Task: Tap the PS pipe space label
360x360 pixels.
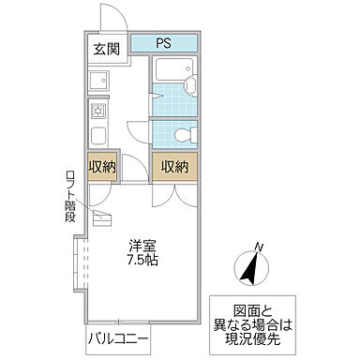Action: point(163,42)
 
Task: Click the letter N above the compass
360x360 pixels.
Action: point(260,247)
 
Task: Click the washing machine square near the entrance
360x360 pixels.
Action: point(98,81)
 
